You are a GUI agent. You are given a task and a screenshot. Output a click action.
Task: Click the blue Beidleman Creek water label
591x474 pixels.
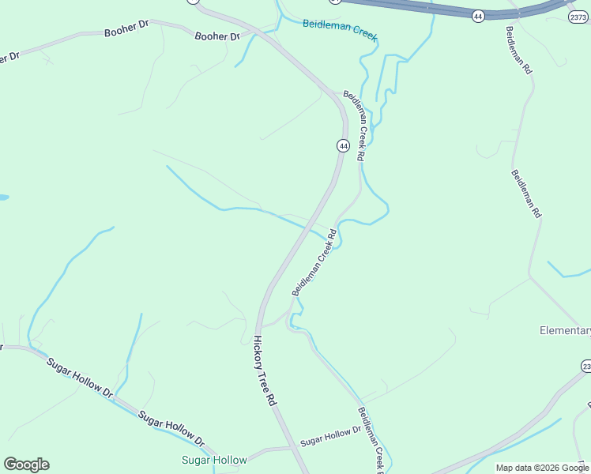click(340, 30)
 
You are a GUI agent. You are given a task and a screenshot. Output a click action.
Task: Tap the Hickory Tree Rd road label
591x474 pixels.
click(264, 371)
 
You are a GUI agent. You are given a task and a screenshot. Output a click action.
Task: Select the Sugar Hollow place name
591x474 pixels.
click(214, 460)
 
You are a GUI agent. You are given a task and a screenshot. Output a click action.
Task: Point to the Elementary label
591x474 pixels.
click(565, 330)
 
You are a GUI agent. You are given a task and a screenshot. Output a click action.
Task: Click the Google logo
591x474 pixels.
click(26, 465)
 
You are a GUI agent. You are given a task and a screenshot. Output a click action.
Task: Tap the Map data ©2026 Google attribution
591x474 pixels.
click(543, 468)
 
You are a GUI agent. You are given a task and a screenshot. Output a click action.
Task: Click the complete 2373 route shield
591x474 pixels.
click(579, 16)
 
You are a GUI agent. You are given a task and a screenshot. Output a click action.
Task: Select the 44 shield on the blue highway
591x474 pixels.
click(478, 16)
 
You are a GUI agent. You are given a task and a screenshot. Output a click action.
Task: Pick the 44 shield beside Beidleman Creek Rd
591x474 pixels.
click(342, 145)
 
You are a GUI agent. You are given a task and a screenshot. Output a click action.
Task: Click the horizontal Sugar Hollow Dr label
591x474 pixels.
click(329, 434)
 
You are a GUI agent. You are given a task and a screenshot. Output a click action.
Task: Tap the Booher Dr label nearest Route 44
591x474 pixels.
click(216, 36)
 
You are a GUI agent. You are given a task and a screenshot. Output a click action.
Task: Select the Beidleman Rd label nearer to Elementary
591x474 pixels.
click(525, 194)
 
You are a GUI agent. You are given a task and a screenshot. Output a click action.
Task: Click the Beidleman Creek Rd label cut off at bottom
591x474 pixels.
click(371, 439)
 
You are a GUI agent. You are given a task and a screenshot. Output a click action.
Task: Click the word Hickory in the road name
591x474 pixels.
click(259, 355)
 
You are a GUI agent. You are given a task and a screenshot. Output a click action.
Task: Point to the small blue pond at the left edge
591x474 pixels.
click(2, 197)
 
